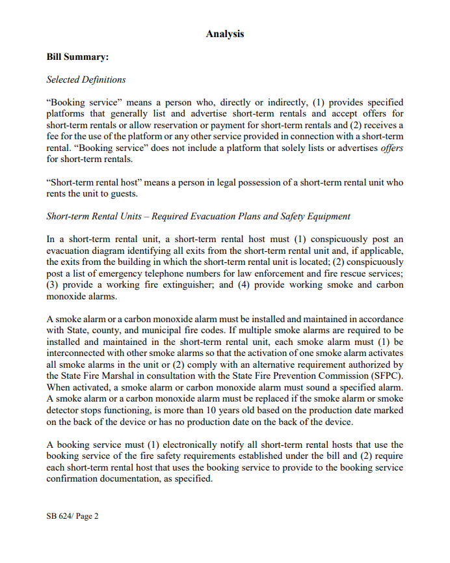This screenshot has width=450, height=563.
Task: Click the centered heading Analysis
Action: [225, 33]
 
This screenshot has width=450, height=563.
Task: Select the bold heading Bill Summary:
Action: [77, 57]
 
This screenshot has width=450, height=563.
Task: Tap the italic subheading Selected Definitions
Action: [86, 80]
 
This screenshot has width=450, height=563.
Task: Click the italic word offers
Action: [391, 148]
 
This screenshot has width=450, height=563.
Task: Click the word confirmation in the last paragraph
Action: [76, 478]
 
